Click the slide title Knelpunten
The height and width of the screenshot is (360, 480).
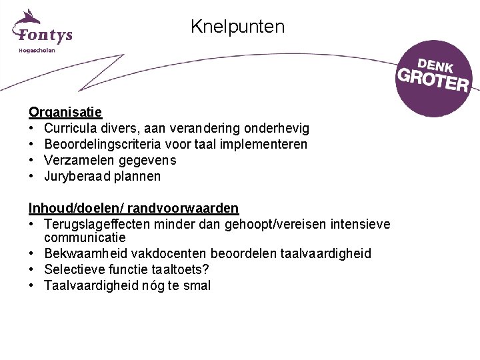(x=237, y=27)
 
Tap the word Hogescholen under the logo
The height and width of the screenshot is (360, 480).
(x=37, y=50)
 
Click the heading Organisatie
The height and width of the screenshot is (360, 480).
(x=65, y=111)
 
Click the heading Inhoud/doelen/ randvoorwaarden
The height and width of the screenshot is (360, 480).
(x=133, y=209)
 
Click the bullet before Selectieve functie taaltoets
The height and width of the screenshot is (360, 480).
(x=32, y=269)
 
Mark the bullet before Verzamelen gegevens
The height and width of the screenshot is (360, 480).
(x=32, y=160)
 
